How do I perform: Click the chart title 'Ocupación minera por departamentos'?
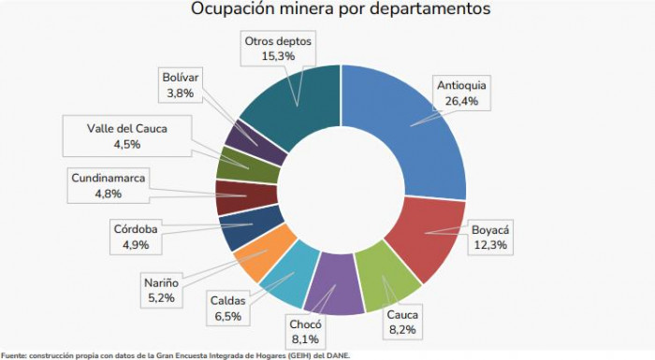click(x=327, y=9)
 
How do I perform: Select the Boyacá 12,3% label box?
click(x=489, y=237)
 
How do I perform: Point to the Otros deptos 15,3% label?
click(x=278, y=49)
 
